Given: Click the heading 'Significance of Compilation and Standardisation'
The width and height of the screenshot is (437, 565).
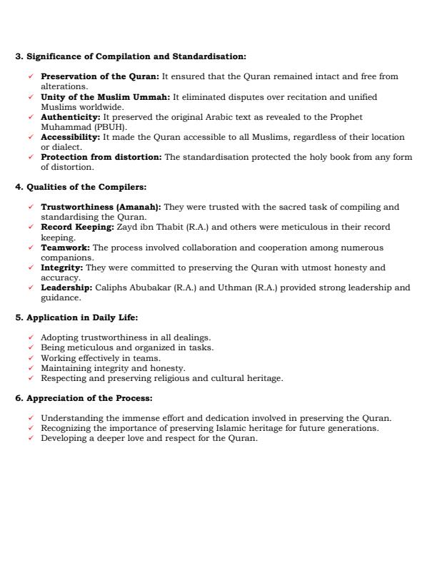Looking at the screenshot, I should pyautogui.click(x=136, y=56).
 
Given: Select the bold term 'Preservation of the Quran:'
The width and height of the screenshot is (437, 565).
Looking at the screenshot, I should pyautogui.click(x=100, y=76).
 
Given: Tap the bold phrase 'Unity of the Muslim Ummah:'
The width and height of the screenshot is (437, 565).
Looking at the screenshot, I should pyautogui.click(x=105, y=97).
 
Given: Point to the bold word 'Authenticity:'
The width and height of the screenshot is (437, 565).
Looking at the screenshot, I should pyautogui.click(x=71, y=117).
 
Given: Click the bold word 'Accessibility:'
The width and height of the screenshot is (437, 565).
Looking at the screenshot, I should pyautogui.click(x=71, y=137).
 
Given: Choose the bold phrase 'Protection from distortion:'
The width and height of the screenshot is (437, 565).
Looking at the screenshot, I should pyautogui.click(x=101, y=157).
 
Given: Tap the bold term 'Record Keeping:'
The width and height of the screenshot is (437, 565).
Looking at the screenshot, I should pyautogui.click(x=77, y=228).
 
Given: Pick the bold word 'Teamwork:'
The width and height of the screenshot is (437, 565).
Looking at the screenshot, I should pyautogui.click(x=65, y=248).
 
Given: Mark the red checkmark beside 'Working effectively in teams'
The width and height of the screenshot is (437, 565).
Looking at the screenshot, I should pyautogui.click(x=30, y=358).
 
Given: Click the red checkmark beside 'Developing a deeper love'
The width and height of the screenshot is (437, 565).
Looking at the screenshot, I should pyautogui.click(x=30, y=438).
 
